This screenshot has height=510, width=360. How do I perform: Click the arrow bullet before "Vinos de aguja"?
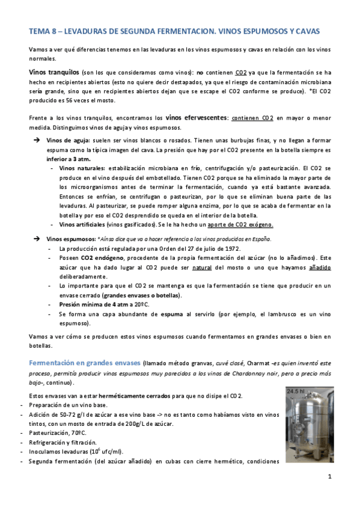(x=35, y=140)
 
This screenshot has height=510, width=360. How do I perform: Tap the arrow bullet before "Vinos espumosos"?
(x=35, y=239)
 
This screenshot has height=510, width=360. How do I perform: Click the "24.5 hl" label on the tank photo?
(x=296, y=391)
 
